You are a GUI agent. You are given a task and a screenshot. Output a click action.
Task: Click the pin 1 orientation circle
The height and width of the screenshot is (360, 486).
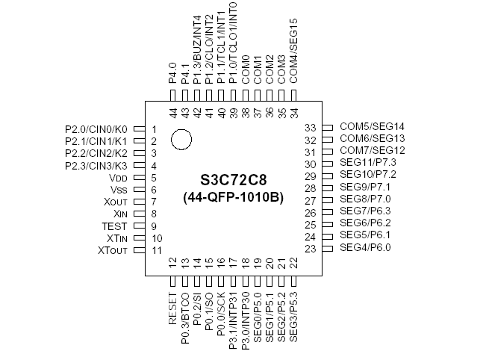click(x=181, y=139)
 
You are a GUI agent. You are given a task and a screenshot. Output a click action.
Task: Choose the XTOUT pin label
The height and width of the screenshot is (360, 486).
click(x=117, y=249)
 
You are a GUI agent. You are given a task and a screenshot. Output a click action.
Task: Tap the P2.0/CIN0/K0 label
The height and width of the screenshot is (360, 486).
click(x=97, y=129)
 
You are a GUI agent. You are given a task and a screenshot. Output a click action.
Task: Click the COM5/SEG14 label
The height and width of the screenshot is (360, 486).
click(x=372, y=128)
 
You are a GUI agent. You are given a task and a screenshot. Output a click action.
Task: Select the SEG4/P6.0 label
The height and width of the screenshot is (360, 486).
click(x=365, y=248)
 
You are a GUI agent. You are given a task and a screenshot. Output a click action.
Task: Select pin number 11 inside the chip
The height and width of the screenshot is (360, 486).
click(x=156, y=249)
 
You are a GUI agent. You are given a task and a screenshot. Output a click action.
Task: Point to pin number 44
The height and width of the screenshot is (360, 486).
click(x=173, y=112)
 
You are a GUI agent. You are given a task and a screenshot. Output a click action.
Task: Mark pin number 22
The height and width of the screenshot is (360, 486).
click(x=293, y=263)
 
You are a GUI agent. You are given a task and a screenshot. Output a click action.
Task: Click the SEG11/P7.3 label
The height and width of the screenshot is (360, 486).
click(x=368, y=164)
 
